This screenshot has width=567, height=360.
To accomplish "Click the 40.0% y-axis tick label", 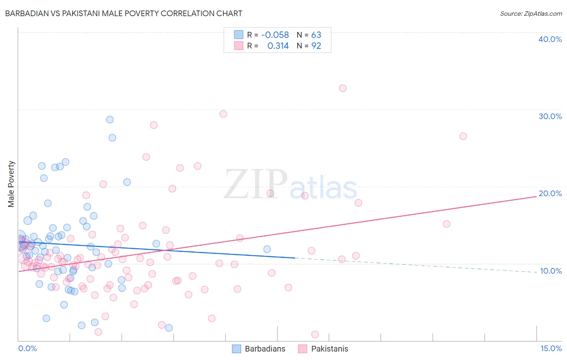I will (550, 39).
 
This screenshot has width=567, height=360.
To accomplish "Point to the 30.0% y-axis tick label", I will (550, 116).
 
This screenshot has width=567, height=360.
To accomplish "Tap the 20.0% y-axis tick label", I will (550, 193).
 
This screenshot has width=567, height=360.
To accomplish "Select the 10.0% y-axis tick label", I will (551, 271).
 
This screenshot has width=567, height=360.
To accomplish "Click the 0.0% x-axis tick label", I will (27, 348).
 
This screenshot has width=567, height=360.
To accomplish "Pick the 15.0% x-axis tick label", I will (551, 348).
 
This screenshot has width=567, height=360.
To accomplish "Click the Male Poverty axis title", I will (11, 184).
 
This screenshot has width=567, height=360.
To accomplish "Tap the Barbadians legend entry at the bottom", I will (259, 349).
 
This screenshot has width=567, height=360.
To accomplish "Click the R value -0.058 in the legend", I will (275, 35).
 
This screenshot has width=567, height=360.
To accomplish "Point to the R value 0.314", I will (278, 46).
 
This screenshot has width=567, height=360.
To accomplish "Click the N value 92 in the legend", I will (316, 46).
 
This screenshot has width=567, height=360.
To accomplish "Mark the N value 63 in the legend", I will (316, 35).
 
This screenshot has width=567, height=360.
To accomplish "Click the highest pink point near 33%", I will (343, 88).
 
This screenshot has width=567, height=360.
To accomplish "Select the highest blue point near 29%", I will (110, 119).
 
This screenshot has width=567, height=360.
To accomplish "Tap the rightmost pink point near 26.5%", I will (463, 136).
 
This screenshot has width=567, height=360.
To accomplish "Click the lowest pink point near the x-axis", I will (315, 335).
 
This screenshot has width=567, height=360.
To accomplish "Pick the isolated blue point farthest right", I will (267, 249).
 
